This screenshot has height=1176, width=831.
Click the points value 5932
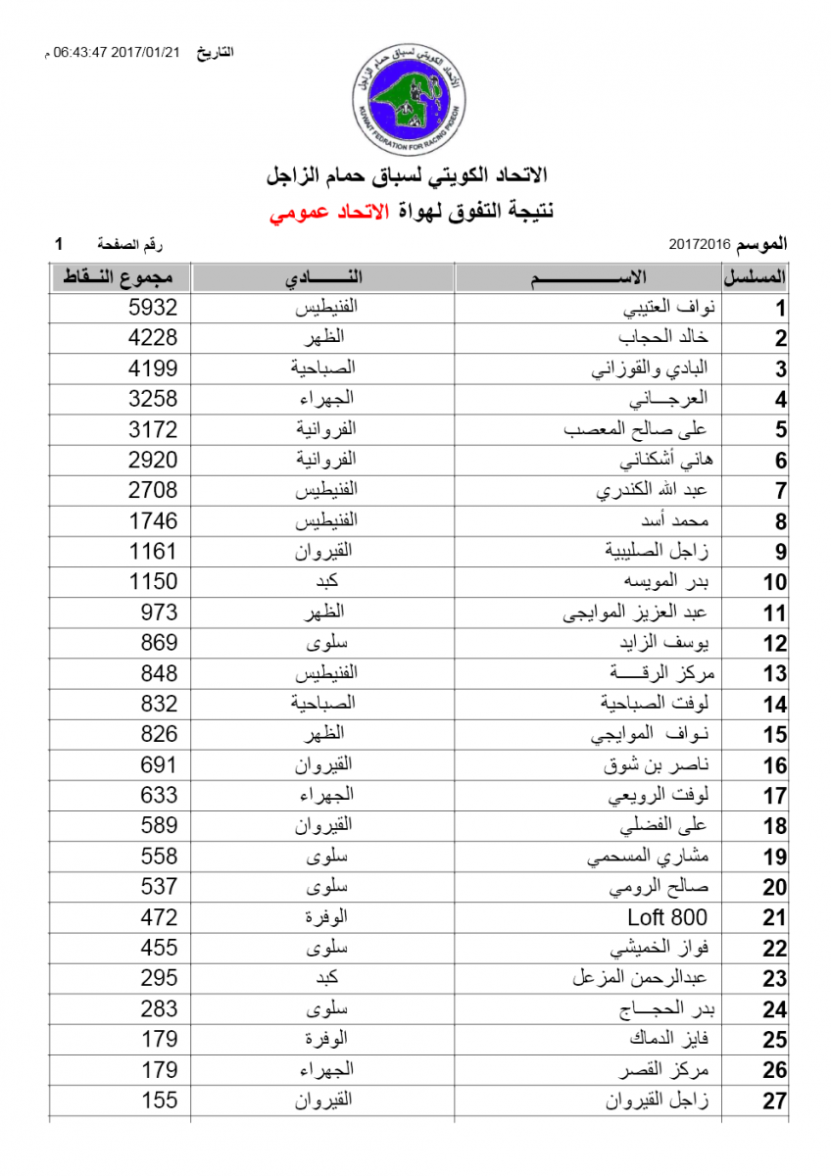(x=153, y=308)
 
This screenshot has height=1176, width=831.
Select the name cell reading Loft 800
(x=666, y=917)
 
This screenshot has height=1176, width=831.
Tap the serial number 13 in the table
(x=774, y=674)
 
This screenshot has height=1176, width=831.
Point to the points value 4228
(x=153, y=338)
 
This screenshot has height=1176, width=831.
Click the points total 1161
(x=153, y=552)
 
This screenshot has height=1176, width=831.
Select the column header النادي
(x=323, y=277)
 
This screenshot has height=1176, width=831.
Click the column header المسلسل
(x=762, y=277)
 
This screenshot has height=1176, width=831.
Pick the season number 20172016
(x=701, y=242)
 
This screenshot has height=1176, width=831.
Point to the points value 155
(x=153, y=1100)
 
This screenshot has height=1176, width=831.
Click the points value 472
(x=153, y=917)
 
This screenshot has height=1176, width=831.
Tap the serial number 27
(x=774, y=1101)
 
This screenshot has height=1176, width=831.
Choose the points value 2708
(x=153, y=490)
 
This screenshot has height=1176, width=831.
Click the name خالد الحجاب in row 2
(x=663, y=338)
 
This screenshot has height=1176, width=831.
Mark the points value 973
(x=153, y=612)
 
